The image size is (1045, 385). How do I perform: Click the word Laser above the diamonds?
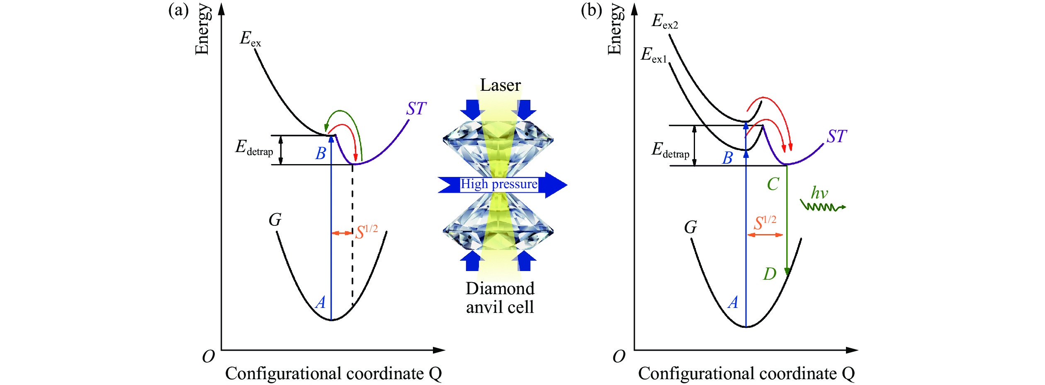500,85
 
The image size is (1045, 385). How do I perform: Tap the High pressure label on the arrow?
499,184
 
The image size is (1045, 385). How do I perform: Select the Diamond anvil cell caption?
500,298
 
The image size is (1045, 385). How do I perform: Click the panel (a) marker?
178,10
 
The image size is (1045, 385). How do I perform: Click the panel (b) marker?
591,10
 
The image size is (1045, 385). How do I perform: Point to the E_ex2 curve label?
664,21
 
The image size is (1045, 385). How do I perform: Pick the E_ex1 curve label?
653,55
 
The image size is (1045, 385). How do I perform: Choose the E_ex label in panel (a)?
250,39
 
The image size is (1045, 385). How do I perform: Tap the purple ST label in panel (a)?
416,109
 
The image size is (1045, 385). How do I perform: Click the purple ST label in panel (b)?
836,137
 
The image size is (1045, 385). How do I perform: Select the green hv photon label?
819,193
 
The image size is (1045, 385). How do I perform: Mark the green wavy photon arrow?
822,206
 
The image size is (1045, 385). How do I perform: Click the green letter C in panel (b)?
773,184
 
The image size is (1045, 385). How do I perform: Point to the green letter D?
770,274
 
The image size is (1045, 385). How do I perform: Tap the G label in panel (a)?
275,220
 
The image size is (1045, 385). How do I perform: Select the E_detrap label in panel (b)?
670,150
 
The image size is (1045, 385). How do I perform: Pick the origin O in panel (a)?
208,356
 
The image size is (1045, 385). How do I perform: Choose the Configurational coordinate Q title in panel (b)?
746,374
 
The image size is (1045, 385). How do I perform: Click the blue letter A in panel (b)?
733,303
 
